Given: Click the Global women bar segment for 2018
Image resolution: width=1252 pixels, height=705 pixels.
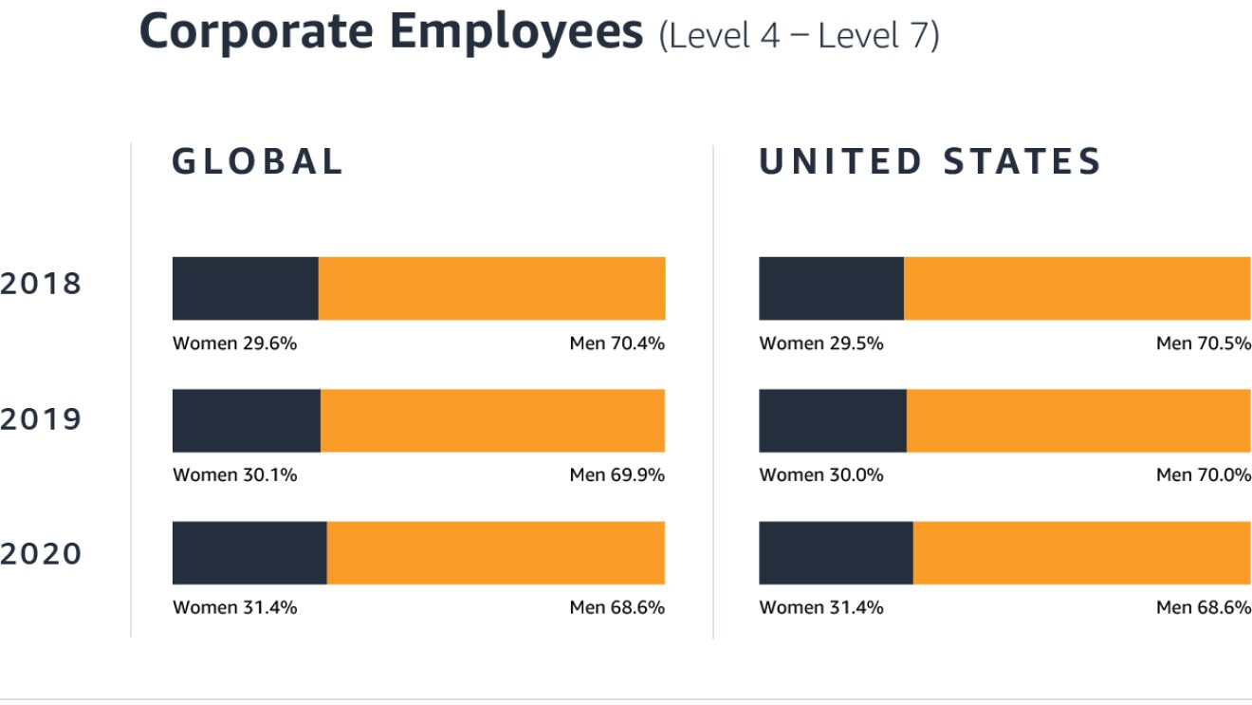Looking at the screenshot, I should click(245, 288).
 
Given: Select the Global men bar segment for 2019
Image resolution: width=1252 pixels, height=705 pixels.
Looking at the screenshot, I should click(492, 420).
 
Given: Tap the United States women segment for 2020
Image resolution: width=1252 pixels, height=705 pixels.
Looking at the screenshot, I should click(836, 552).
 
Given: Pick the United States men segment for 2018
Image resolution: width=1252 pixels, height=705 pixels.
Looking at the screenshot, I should click(1077, 288).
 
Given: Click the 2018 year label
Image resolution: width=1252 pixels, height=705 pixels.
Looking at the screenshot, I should click(41, 284).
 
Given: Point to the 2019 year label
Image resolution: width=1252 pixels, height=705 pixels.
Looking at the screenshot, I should click(41, 419).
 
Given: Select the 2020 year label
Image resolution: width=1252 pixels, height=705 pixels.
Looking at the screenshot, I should click(41, 554).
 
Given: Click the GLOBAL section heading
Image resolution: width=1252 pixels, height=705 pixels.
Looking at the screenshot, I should click(257, 161).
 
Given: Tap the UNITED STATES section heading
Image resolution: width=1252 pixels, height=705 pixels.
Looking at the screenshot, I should click(930, 161).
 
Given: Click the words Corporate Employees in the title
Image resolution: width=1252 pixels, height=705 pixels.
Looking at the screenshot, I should click(391, 32).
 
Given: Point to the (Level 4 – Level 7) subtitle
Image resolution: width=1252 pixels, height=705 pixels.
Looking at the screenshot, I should click(799, 36).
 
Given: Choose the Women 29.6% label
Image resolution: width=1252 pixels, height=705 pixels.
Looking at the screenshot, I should click(234, 343).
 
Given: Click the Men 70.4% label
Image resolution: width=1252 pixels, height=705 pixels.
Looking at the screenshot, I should click(617, 343).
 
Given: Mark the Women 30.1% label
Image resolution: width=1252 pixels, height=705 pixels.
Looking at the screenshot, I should click(234, 475).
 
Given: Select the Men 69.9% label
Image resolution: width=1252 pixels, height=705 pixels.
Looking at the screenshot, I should click(617, 475).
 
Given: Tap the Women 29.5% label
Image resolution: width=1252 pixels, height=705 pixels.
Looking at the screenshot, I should click(820, 343).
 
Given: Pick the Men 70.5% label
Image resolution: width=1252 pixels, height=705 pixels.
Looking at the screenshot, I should click(1203, 343).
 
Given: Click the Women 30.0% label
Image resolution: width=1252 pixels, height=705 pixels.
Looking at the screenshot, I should click(820, 475).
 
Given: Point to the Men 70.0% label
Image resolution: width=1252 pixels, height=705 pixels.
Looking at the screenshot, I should click(1203, 475).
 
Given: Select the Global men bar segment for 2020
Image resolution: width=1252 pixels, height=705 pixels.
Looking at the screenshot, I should click(495, 552).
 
